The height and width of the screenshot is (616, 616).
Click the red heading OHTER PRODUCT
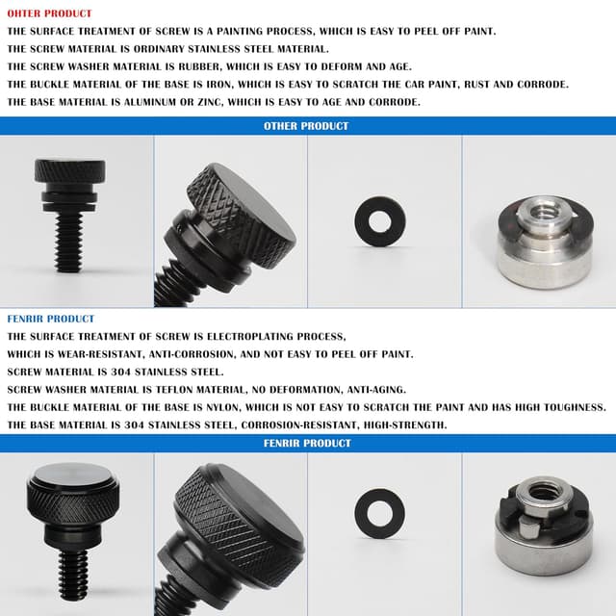tap(49, 13)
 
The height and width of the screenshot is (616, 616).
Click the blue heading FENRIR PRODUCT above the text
tap(51, 319)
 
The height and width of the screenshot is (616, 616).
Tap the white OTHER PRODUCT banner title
tap(306, 126)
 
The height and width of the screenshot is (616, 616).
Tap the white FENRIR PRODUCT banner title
tap(307, 443)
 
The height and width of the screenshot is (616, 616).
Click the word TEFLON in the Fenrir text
tap(174, 390)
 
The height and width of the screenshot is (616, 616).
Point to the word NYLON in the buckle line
tap(222, 407)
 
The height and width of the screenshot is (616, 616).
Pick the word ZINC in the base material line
tap(209, 102)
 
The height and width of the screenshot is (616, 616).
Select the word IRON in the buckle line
tap(220, 85)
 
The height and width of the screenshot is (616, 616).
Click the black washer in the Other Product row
tap(380, 221)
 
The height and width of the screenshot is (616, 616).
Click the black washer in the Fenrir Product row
tap(379, 513)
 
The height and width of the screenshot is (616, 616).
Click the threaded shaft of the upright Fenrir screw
tap(73, 575)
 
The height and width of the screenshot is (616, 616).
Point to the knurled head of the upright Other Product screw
tap(70, 170)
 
